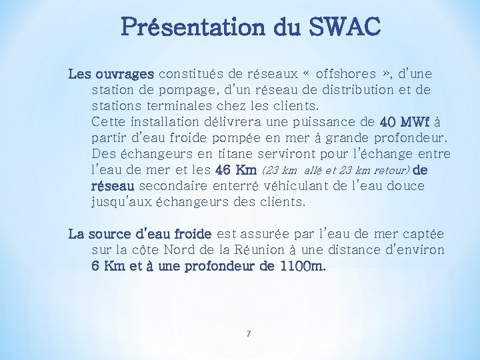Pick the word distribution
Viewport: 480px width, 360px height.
(356, 89)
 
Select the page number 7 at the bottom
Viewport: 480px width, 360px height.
(248, 333)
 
